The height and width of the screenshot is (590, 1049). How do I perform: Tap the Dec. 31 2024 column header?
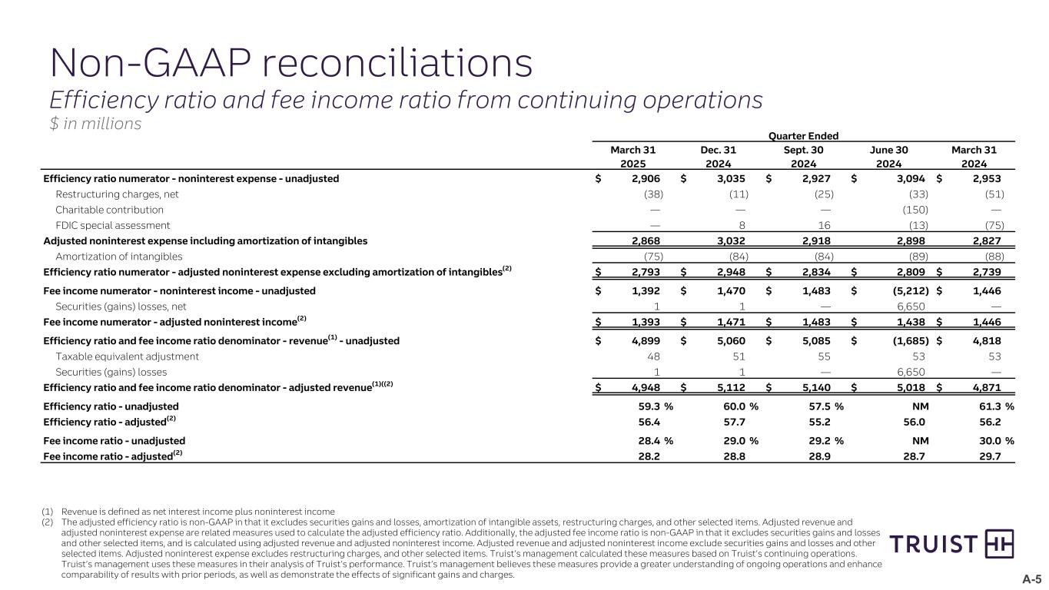point(719,156)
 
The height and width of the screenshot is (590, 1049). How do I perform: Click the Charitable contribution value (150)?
point(915,210)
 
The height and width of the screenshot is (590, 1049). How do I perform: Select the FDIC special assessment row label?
point(112,225)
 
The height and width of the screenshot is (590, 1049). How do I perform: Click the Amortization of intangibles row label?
point(118,257)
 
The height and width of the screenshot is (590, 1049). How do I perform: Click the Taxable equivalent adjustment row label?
point(127,356)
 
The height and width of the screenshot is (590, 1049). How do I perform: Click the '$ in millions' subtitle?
point(95,124)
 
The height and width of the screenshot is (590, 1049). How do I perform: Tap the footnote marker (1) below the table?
point(48,512)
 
